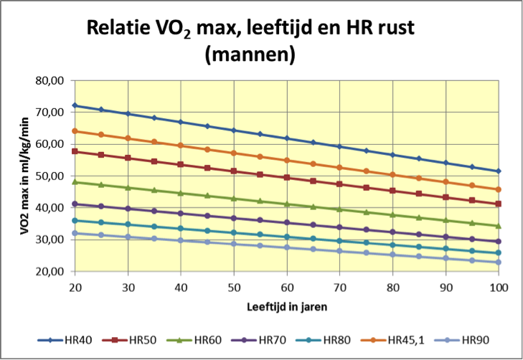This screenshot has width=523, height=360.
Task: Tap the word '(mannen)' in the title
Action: (x=250, y=55)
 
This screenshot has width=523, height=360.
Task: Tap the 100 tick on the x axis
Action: (x=498, y=286)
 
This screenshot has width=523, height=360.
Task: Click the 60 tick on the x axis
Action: (x=287, y=286)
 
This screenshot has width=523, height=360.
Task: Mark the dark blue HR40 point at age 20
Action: (x=75, y=105)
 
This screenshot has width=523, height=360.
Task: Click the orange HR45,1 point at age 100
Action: (x=498, y=189)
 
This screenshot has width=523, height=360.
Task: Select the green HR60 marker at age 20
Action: (x=75, y=182)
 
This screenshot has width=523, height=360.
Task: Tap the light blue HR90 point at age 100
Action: (x=498, y=262)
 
